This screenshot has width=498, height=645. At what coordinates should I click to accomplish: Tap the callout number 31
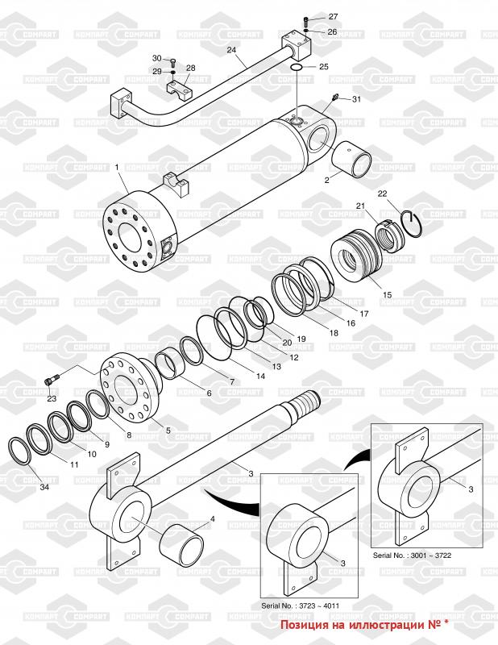point(357,99)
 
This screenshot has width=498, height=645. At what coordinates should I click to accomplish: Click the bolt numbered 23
point(52,381)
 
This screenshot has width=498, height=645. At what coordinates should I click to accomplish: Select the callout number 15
point(387,295)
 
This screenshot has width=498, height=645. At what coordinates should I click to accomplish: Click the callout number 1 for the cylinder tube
point(117,167)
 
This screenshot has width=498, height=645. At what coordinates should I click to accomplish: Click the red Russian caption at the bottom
point(364,625)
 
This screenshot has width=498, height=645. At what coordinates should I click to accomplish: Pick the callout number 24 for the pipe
point(231,50)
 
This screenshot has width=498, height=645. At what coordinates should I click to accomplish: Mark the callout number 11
point(73,465)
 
